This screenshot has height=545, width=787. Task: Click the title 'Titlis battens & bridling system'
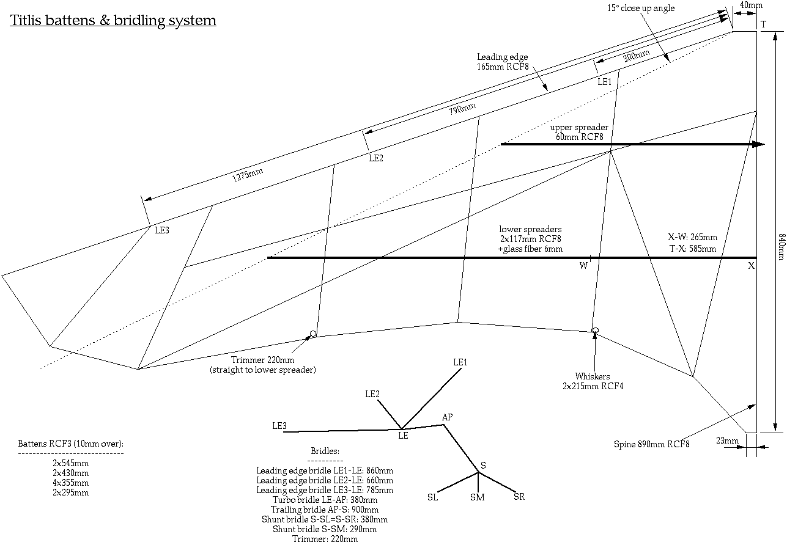[x=113, y=21]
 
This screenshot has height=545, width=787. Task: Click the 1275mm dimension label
[x=248, y=175]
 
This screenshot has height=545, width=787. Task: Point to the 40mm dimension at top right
[x=751, y=5]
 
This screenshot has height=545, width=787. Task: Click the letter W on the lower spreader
[x=583, y=265]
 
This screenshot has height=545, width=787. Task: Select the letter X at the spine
[x=751, y=266]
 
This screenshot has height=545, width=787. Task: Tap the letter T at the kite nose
[x=763, y=24]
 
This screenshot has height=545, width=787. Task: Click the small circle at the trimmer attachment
[x=313, y=334]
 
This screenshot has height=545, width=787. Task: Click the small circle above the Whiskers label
[x=595, y=331]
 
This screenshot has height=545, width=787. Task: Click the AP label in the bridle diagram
[x=448, y=417]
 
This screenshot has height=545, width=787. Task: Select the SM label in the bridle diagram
[x=478, y=497]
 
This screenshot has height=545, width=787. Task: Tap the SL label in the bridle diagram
[x=432, y=497]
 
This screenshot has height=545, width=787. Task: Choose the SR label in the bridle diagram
[x=519, y=497]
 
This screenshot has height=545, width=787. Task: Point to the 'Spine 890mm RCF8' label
[x=651, y=444]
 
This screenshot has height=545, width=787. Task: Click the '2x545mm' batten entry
[x=70, y=463]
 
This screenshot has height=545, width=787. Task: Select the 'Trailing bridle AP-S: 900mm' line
[x=325, y=510]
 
